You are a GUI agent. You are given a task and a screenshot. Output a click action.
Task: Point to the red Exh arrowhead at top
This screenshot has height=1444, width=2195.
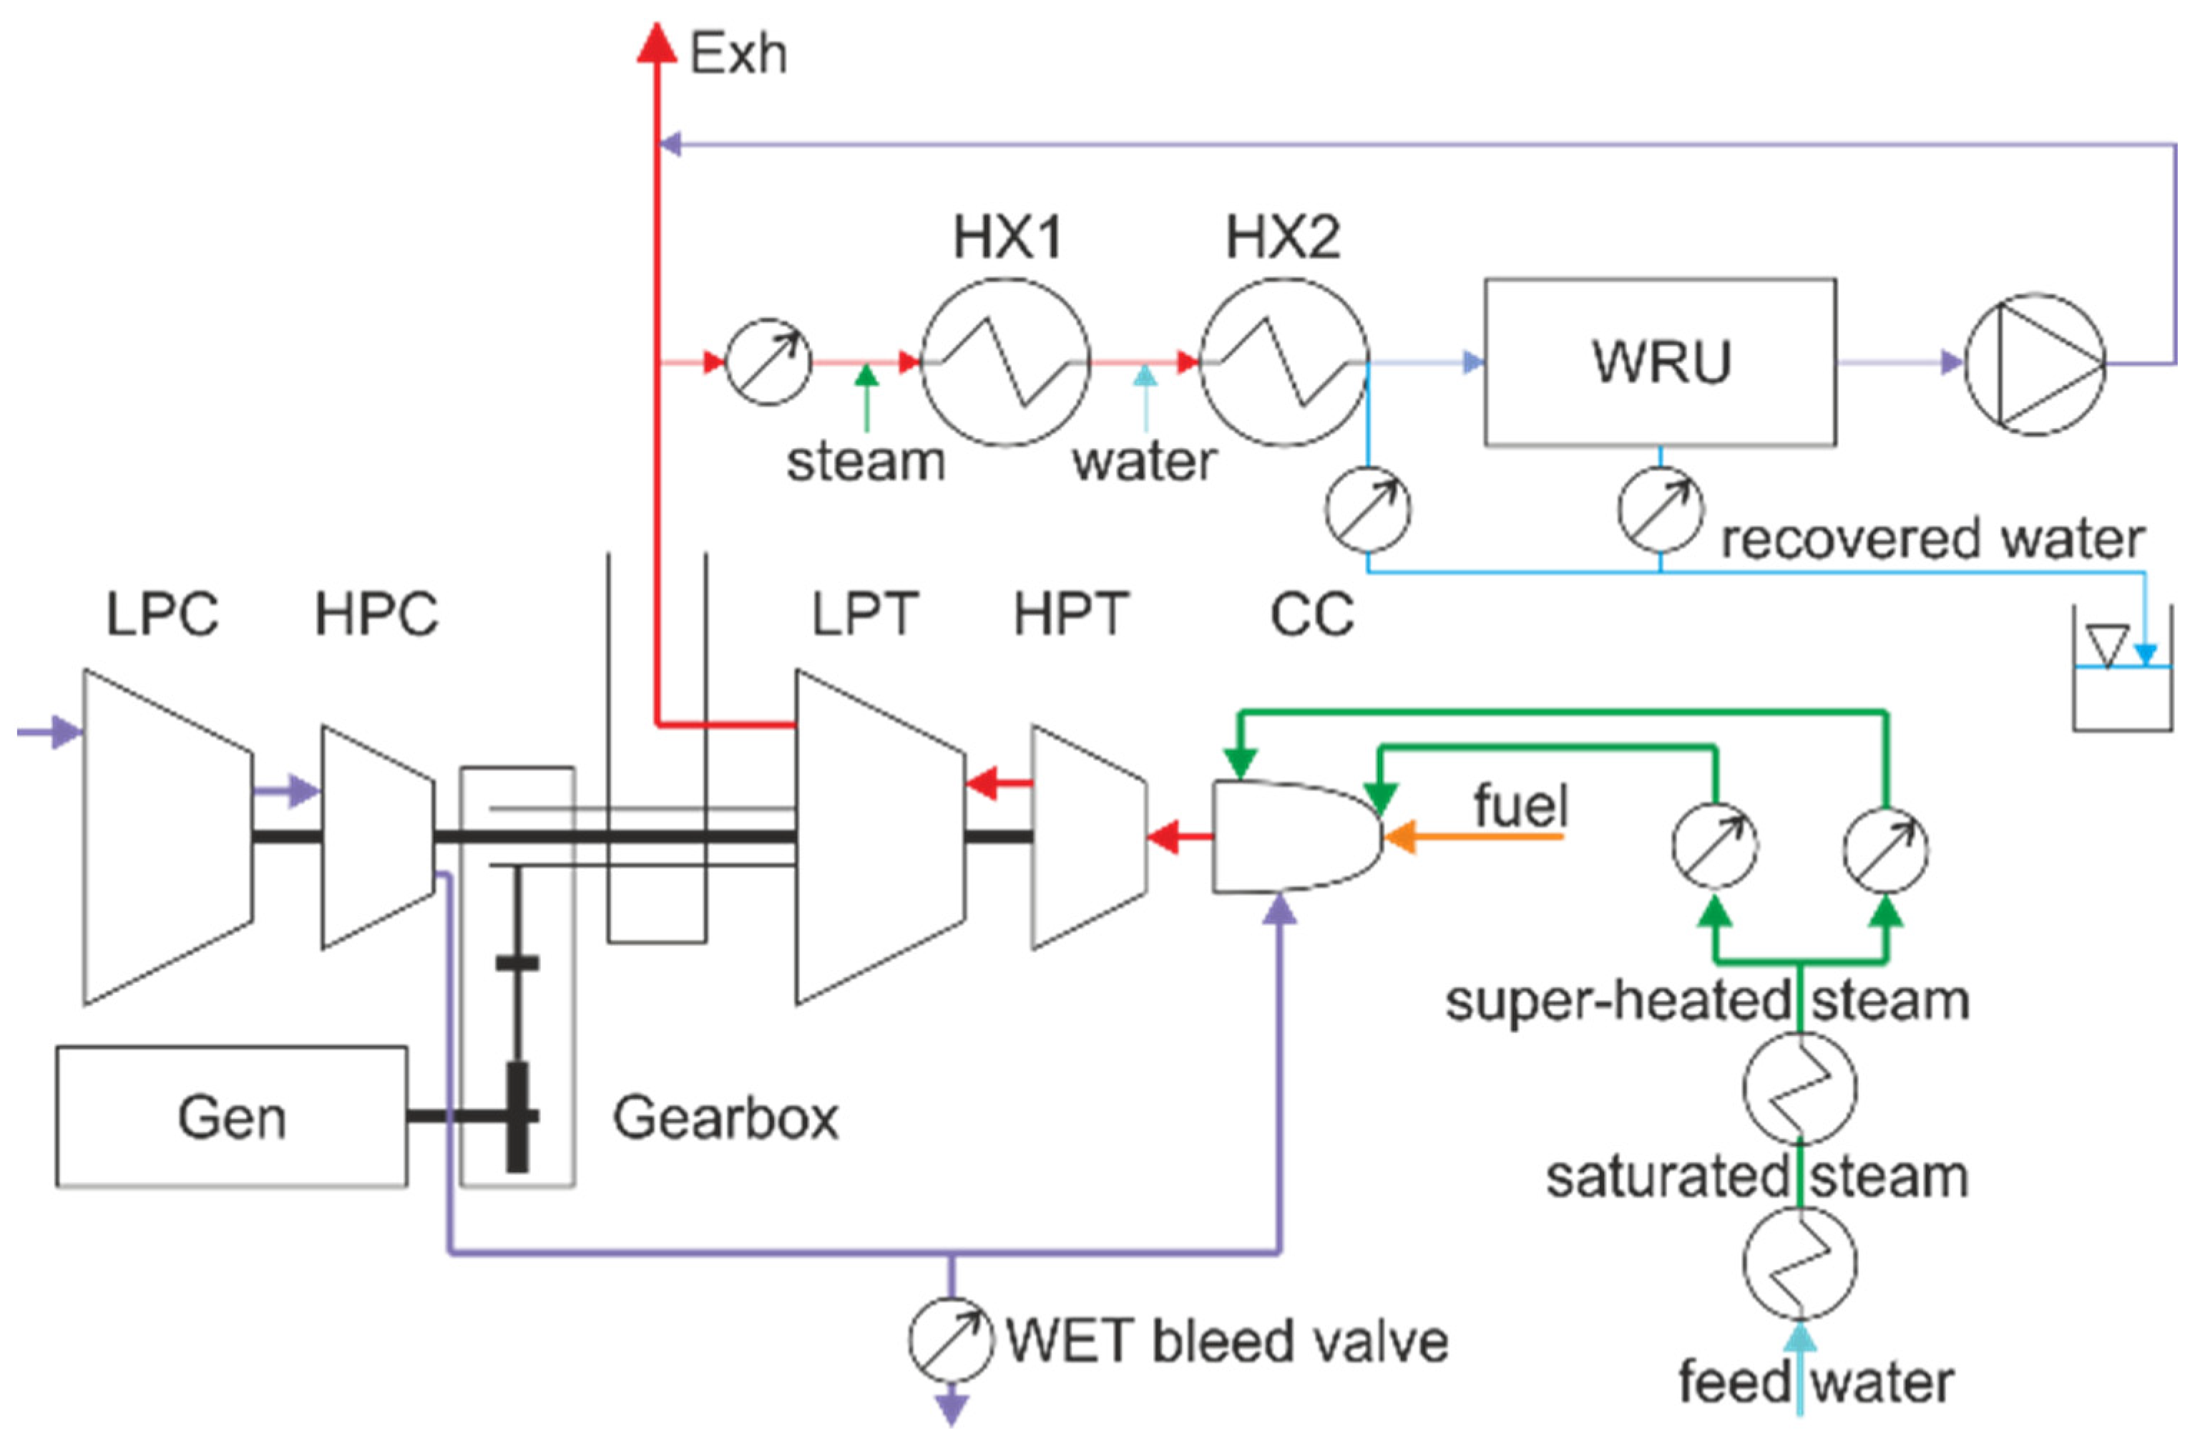(x=657, y=42)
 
